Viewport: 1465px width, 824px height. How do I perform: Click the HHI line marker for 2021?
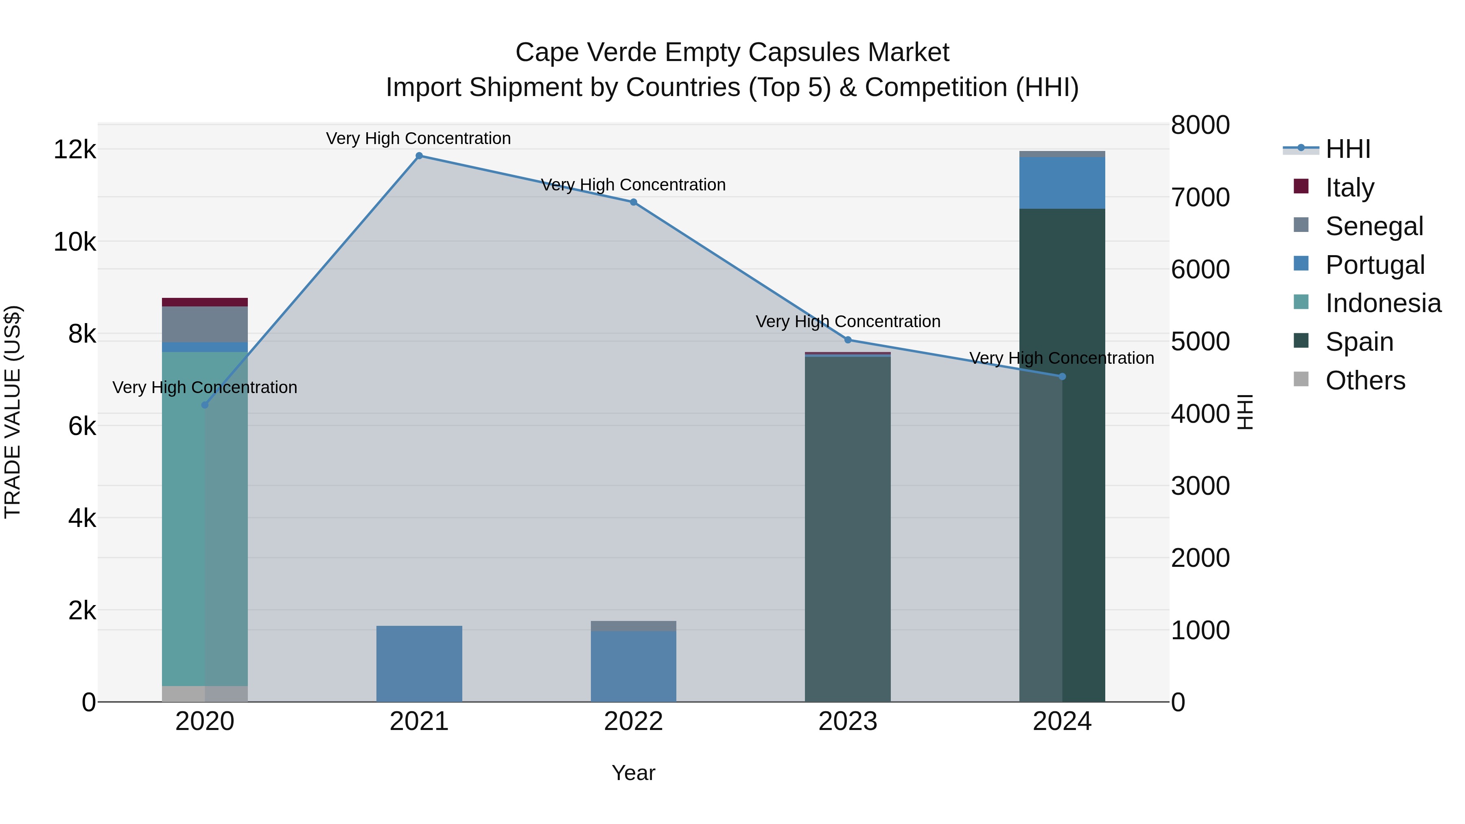point(419,156)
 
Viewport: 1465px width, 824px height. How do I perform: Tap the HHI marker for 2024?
point(1062,376)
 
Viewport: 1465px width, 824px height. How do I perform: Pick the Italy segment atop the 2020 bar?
point(205,302)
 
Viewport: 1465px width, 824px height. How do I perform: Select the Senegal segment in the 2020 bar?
point(205,324)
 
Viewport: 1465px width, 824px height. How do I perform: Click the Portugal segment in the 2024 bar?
point(1062,183)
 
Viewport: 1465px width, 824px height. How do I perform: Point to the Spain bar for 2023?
point(847,529)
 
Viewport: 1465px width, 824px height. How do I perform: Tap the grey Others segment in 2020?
point(205,694)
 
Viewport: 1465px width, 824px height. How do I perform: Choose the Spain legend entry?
point(1359,342)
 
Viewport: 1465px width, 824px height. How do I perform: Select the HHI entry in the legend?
point(1347,149)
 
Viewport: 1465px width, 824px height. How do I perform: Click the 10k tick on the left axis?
point(74,242)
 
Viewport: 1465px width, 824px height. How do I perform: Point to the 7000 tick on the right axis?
point(1200,197)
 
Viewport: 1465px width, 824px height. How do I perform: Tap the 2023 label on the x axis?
point(847,721)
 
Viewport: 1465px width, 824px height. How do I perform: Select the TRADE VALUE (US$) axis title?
point(13,412)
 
